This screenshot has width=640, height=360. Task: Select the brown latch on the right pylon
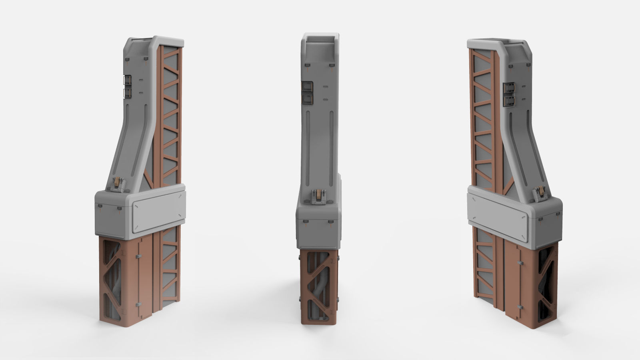pos(541,193)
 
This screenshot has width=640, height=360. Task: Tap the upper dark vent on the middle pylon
pos(307,86)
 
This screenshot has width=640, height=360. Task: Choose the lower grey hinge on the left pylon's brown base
pos(138,305)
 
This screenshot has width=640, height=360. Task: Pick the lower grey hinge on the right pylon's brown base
pos(519,307)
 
